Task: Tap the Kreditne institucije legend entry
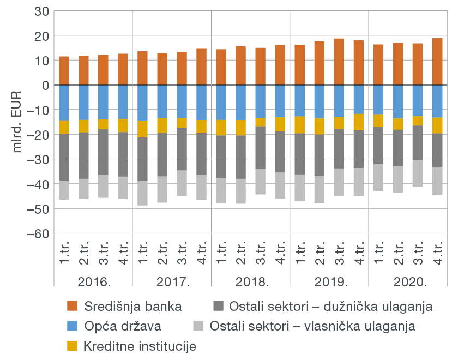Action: coord(140,346)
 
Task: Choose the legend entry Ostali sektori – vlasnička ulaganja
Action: coord(322,326)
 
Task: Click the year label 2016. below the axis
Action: coord(93,282)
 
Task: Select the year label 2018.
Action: coord(251,282)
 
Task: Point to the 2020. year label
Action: coord(408,282)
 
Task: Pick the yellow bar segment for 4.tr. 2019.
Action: coord(359,122)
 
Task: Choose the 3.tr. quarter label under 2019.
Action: coord(339,253)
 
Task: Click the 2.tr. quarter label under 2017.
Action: coord(162,253)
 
